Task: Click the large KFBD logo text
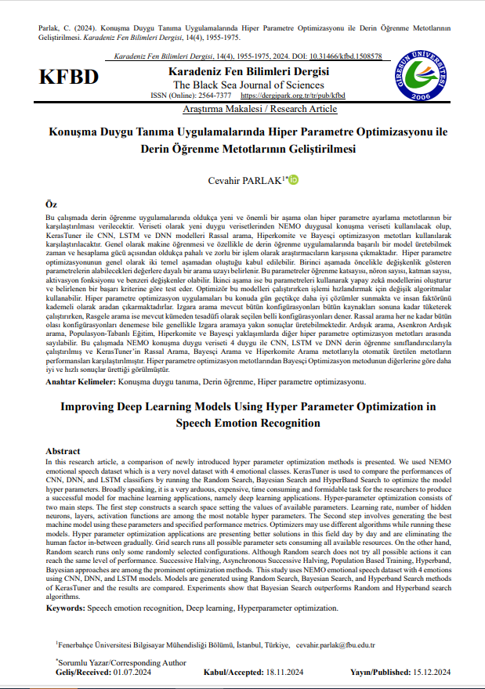[70, 78]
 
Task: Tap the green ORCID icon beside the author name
[295, 181]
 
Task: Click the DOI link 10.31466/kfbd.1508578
[346, 57]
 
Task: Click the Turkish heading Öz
[52, 202]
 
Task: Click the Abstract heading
[63, 452]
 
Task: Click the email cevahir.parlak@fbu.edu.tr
[336, 645]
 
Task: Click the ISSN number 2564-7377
[212, 96]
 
